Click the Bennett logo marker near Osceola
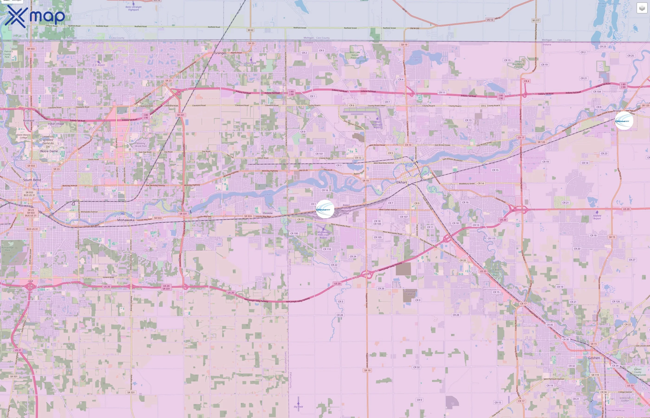325,209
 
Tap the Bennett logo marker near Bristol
624,121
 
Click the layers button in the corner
642,8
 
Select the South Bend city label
32,180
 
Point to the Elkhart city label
402,182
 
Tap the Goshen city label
594,358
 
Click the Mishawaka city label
126,220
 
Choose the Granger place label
220,53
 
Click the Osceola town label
267,213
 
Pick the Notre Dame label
49,151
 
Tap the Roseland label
29,120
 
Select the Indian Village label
56,124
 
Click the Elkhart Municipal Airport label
377,124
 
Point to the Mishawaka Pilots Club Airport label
323,235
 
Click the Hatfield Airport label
597,217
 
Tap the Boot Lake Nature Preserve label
355,55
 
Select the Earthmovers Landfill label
410,293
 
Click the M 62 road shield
250,30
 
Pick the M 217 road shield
536,20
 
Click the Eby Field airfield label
298,407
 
